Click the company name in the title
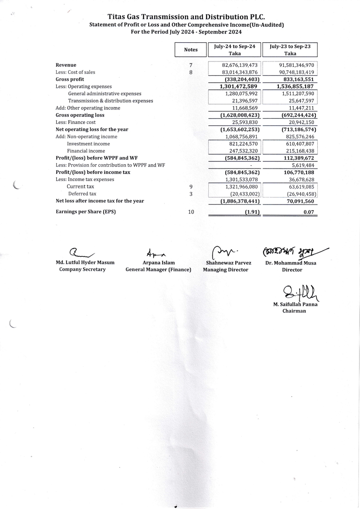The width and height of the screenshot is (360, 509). point(180,16)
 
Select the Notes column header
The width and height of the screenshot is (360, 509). point(191,49)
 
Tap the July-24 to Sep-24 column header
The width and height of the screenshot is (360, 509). point(235,49)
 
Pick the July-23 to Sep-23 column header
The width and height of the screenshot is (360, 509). point(290,49)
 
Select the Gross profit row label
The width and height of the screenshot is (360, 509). point(70,79)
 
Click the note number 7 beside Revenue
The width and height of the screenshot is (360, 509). point(191,65)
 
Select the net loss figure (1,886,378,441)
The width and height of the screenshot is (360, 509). point(240,201)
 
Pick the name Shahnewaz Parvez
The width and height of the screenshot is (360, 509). point(228,263)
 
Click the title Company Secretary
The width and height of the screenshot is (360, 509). point(82,269)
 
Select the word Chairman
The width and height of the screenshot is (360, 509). point(294,311)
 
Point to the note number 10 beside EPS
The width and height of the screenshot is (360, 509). point(191,212)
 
